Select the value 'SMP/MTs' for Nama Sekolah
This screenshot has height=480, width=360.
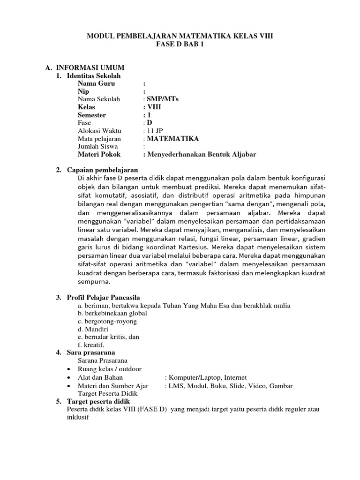point(163,99)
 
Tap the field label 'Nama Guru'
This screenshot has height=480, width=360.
point(96,83)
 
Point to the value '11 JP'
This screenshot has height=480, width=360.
point(156,131)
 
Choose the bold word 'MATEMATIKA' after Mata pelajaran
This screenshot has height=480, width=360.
point(172,139)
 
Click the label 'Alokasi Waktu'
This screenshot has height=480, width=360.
point(99,131)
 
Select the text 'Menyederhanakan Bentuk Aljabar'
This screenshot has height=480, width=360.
point(202,154)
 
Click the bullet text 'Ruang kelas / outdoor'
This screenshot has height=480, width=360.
point(110,369)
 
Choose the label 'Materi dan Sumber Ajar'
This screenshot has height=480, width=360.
point(113,385)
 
